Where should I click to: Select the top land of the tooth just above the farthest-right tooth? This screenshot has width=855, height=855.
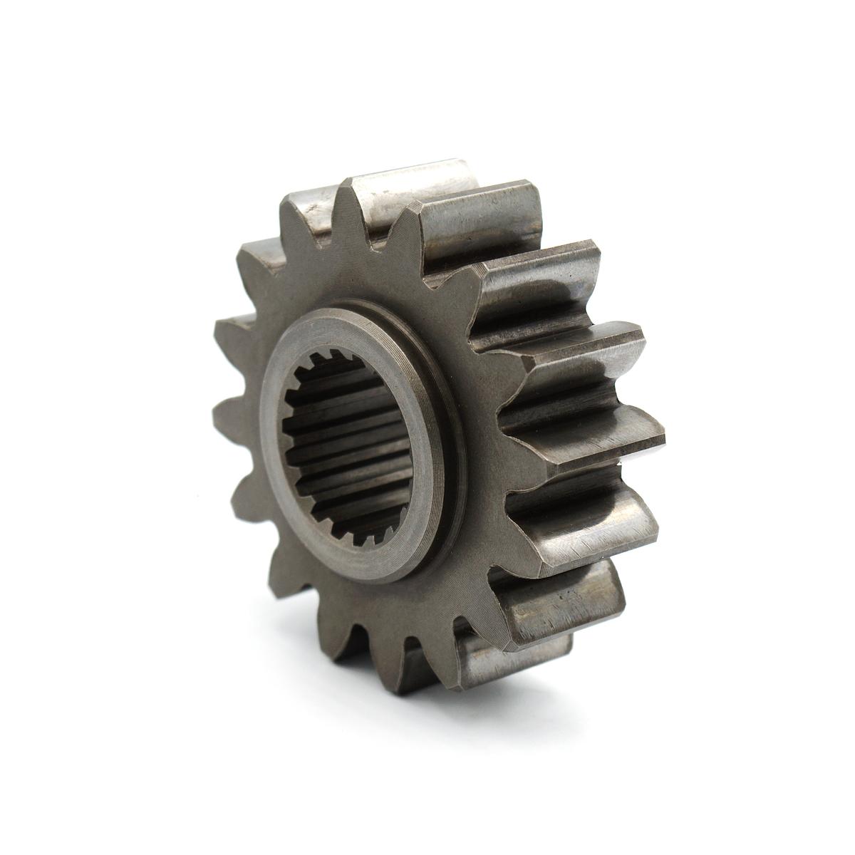click(x=570, y=342)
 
